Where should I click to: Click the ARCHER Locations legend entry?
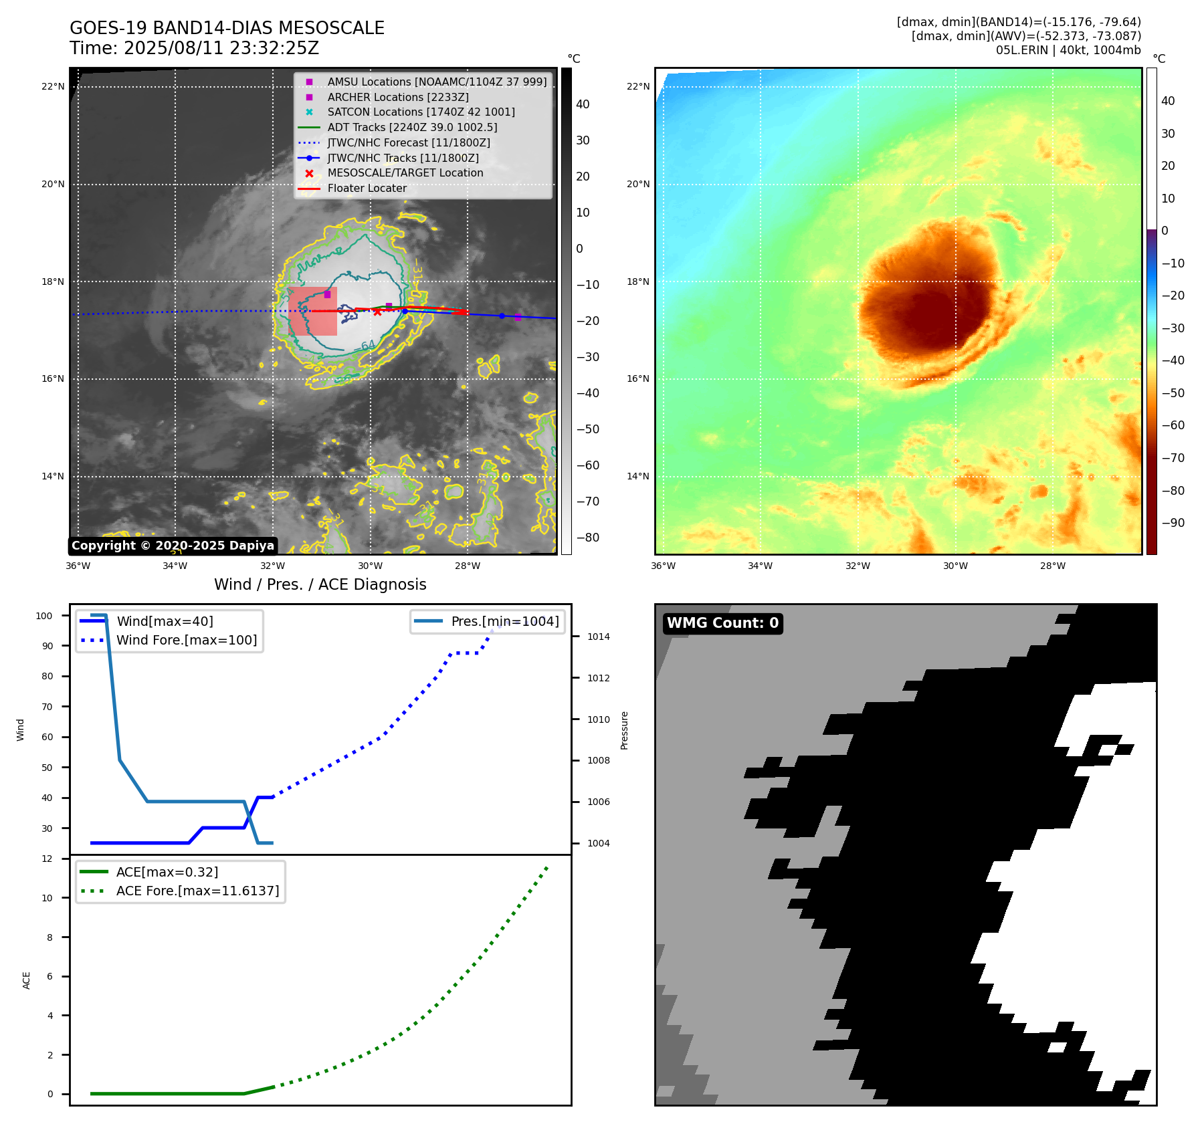coord(398,97)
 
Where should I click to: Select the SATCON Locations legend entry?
coord(421,112)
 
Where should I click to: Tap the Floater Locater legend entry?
coord(367,189)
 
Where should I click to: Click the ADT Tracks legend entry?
coord(412,127)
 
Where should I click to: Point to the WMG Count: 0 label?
coord(722,623)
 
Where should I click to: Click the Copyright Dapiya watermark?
coord(173,546)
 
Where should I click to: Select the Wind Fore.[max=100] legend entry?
coord(187,640)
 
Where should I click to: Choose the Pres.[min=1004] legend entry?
coord(504,621)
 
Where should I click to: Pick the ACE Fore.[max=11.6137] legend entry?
coord(197,891)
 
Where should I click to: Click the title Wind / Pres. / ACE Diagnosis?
coord(320,584)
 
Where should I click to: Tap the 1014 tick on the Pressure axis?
coord(598,637)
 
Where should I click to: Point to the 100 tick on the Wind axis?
coord(44,616)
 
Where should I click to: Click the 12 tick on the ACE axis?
coord(47,859)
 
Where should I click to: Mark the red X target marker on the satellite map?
coord(377,312)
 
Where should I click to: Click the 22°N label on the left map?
coord(53,86)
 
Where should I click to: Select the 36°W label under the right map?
coord(663,566)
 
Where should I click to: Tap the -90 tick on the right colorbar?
coord(1173,523)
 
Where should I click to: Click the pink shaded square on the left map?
coord(312,312)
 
